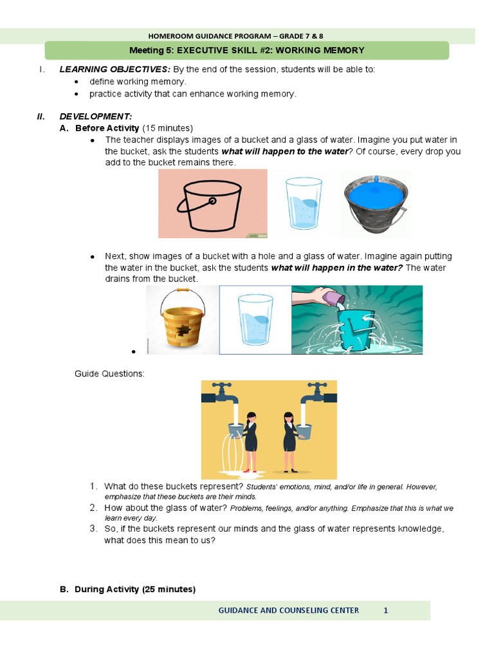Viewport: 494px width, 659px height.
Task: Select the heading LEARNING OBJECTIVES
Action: pyautogui.click(x=114, y=70)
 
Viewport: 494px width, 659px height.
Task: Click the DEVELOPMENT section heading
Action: pyautogui.click(x=95, y=116)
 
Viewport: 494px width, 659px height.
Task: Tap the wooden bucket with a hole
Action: pyautogui.click(x=182, y=319)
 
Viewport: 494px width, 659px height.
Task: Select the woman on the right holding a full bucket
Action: pyautogui.click(x=289, y=438)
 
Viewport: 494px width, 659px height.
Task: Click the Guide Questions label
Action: pyautogui.click(x=109, y=373)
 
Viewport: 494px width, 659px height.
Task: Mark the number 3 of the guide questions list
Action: pyautogui.click(x=93, y=528)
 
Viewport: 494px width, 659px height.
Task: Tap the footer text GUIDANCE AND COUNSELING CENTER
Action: pyautogui.click(x=289, y=610)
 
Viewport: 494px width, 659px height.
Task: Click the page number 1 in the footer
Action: pyautogui.click(x=385, y=610)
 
